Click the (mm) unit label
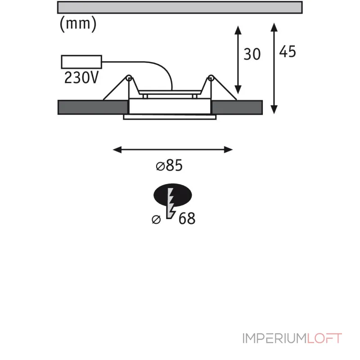(x=78, y=24)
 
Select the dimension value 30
(x=252, y=54)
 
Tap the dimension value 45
(x=288, y=51)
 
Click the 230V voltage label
(x=81, y=77)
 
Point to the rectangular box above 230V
(x=81, y=62)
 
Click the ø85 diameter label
(x=169, y=165)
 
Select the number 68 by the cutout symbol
(x=187, y=218)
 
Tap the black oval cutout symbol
(x=173, y=195)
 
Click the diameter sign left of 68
(x=156, y=219)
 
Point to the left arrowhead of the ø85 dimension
(x=117, y=150)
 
